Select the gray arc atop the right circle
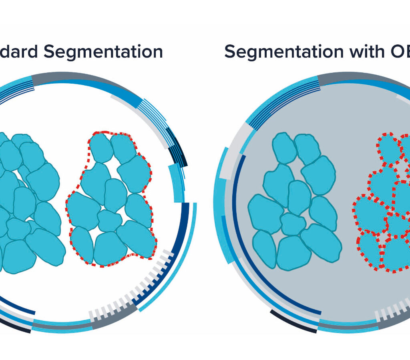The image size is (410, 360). tap(352, 77)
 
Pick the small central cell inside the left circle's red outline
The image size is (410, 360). tap(109, 220)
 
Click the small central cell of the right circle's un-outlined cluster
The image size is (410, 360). tap(293, 224)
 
